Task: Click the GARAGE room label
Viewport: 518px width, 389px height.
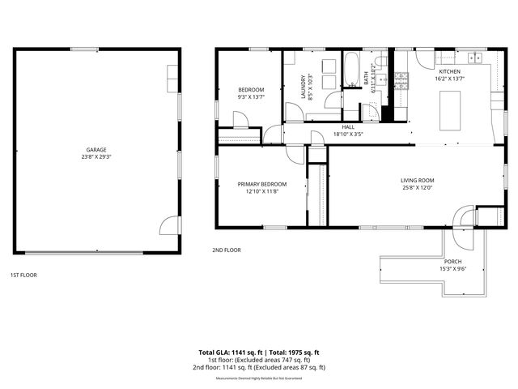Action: [x=97, y=149]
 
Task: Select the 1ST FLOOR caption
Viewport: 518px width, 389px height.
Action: [x=23, y=275]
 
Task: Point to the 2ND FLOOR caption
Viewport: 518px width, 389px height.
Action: [x=227, y=250]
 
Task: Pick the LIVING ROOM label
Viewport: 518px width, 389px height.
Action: [x=418, y=180]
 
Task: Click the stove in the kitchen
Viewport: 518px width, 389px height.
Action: [x=402, y=79]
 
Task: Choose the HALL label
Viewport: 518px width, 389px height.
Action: [x=348, y=127]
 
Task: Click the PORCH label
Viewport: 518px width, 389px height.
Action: [x=452, y=261]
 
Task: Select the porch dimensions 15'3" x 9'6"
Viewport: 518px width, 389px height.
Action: [x=452, y=268]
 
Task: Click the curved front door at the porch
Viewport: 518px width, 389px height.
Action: [x=464, y=216]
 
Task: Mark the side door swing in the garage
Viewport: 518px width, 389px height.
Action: [x=168, y=224]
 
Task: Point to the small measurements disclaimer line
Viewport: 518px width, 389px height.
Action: [x=259, y=378]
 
